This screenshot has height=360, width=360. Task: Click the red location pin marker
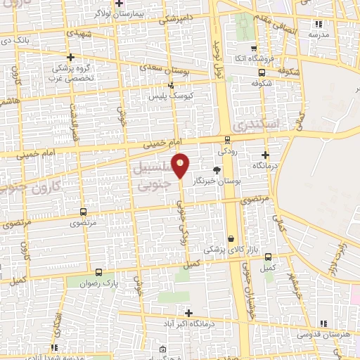pos(181,165)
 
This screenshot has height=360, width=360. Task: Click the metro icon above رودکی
pos(227,139)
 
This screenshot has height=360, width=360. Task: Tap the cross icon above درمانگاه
pos(265,155)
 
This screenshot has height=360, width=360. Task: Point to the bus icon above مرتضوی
pos(84,212)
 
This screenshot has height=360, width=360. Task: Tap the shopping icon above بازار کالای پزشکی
pos(231,239)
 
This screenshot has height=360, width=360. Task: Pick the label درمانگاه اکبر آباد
pos(188,324)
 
